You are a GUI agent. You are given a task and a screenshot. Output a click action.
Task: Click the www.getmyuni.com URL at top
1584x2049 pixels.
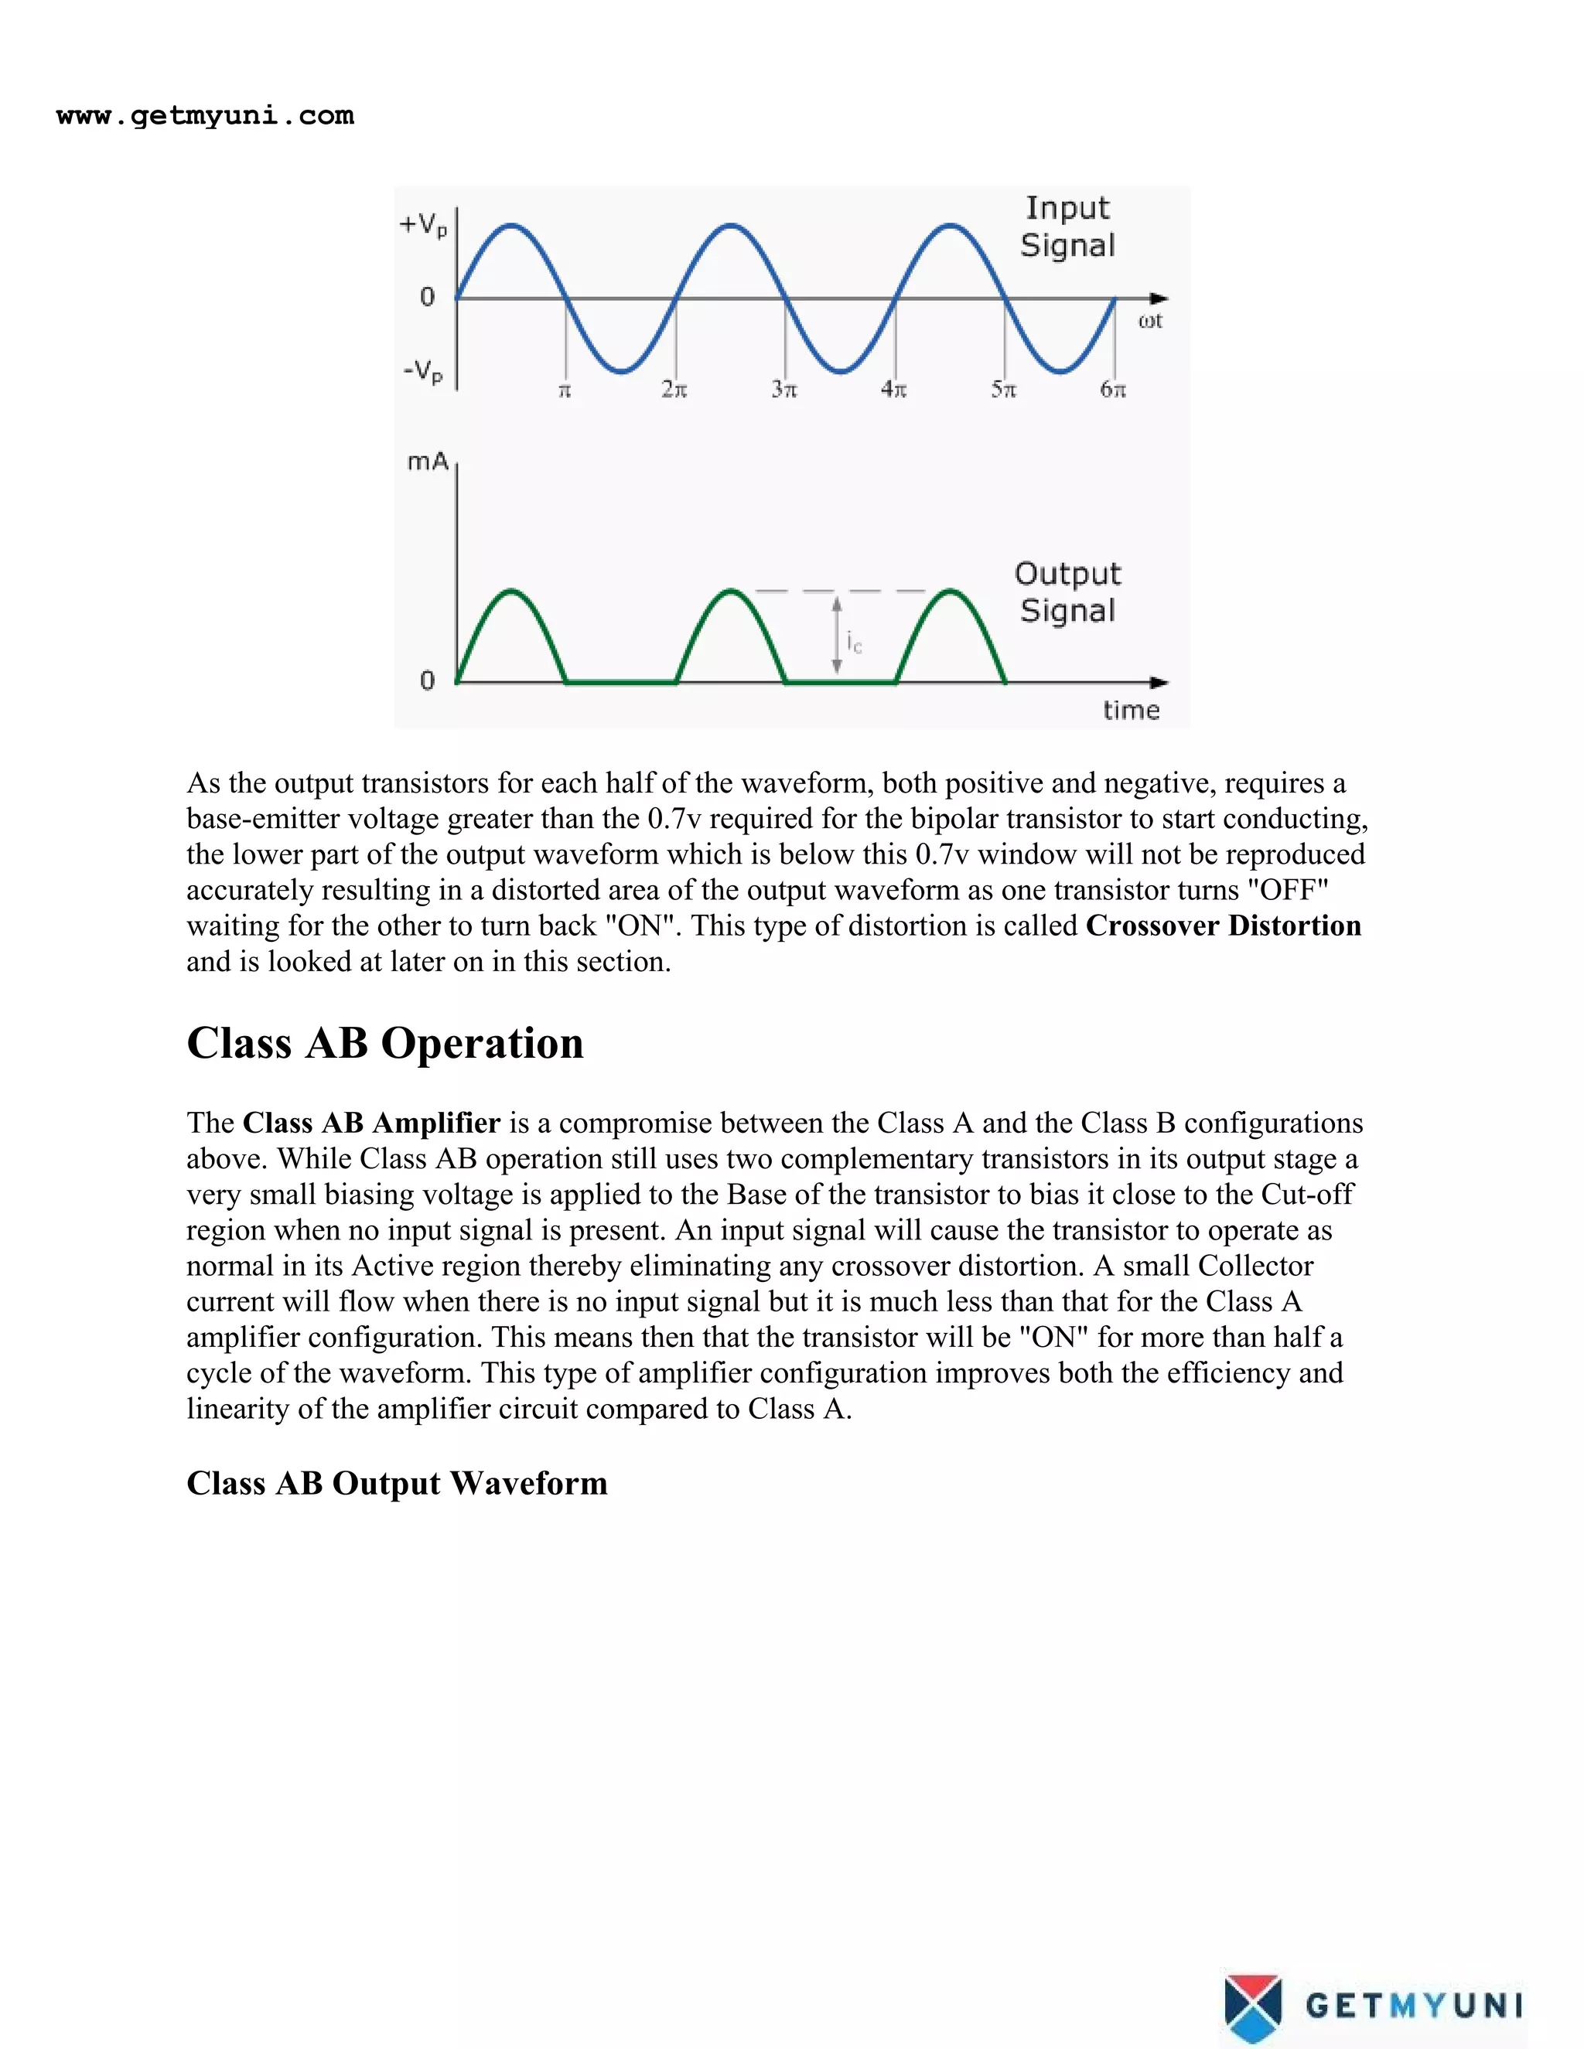[204, 116]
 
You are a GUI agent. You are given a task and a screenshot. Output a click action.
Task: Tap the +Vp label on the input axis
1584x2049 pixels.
[423, 225]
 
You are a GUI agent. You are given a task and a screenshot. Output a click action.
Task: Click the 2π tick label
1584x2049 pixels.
[674, 390]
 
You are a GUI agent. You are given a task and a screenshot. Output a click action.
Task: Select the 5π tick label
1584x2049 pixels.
[1003, 390]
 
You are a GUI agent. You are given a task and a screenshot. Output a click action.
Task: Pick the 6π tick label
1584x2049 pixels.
[1113, 390]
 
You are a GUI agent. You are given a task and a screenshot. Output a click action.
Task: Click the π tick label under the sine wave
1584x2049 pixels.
[565, 390]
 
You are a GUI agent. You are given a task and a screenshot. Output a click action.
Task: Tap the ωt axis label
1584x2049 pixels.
[1149, 322]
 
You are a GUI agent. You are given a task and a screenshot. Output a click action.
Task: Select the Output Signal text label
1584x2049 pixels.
[1068, 592]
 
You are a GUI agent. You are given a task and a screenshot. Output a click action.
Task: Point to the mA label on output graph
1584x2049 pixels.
[427, 462]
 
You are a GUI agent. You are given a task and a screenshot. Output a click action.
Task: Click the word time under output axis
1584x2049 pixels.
[1131, 711]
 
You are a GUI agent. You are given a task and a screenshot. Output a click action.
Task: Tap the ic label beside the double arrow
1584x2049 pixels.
[854, 643]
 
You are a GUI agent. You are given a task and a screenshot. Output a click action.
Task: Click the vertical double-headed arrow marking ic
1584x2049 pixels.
[837, 637]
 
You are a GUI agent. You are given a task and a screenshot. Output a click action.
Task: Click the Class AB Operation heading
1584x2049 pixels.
[384, 1043]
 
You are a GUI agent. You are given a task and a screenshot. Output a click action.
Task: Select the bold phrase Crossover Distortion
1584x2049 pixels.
[1223, 926]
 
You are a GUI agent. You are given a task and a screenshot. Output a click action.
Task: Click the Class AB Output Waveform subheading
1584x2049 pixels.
[397, 1483]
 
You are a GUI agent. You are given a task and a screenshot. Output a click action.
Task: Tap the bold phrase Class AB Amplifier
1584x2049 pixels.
[371, 1123]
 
